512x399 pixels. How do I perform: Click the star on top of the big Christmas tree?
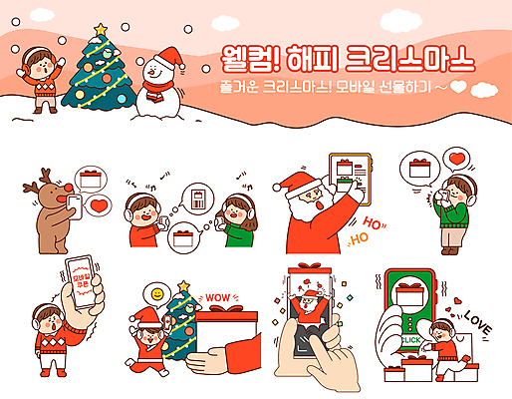coord(101,30)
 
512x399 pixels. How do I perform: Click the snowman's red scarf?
coord(155,86)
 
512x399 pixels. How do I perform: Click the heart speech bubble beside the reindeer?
coord(100,206)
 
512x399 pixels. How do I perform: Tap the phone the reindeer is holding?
coord(74,201)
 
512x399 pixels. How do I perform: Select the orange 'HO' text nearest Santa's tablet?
coord(375,221)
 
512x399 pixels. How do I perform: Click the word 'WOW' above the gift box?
coord(217,296)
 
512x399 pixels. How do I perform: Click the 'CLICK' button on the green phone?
coord(410,340)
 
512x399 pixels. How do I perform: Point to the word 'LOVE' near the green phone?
coord(479,323)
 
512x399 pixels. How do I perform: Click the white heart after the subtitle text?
coord(458,87)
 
